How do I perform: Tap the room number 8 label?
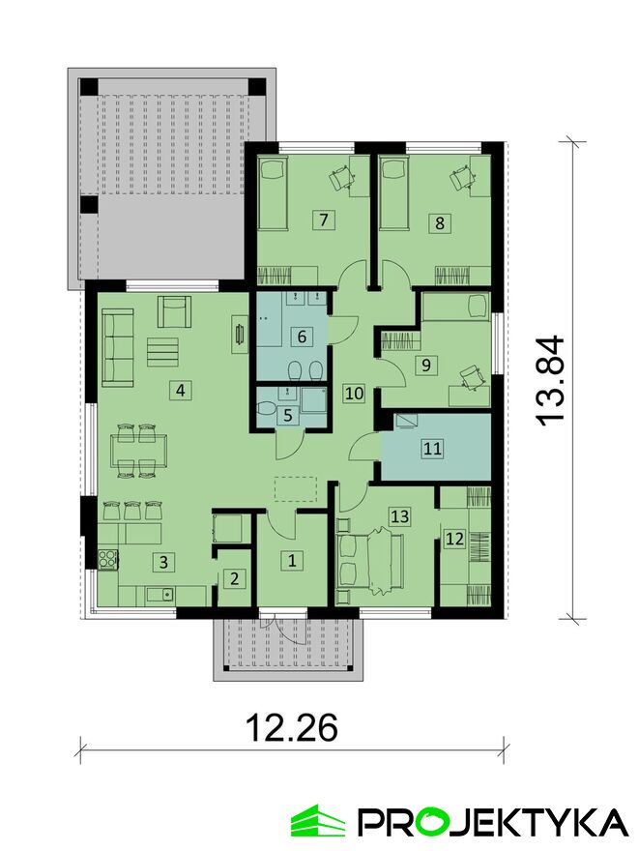pyautogui.click(x=440, y=222)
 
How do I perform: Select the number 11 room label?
pyautogui.click(x=432, y=449)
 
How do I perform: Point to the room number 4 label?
pyautogui.click(x=181, y=390)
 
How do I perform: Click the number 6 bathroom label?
pyautogui.click(x=302, y=337)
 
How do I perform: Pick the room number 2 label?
pyautogui.click(x=234, y=578)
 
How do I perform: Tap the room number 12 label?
pyautogui.click(x=454, y=539)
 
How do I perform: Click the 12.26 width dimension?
pyautogui.click(x=292, y=728)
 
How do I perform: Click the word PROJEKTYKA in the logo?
pyautogui.click(x=495, y=822)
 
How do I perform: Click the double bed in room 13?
pyautogui.click(x=370, y=561)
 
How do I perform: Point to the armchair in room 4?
pyautogui.click(x=174, y=311)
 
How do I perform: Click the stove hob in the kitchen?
pyautogui.click(x=108, y=560)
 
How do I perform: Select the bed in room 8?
pyautogui.click(x=393, y=192)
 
